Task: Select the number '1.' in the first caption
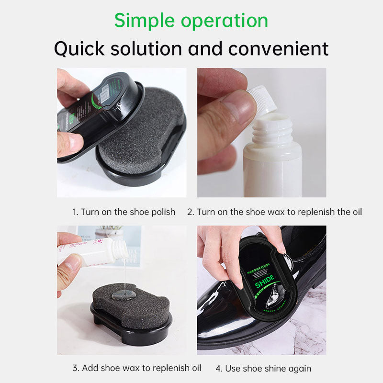tap(75, 212)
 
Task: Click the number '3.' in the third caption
tap(76, 368)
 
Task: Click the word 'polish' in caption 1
tap(164, 212)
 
